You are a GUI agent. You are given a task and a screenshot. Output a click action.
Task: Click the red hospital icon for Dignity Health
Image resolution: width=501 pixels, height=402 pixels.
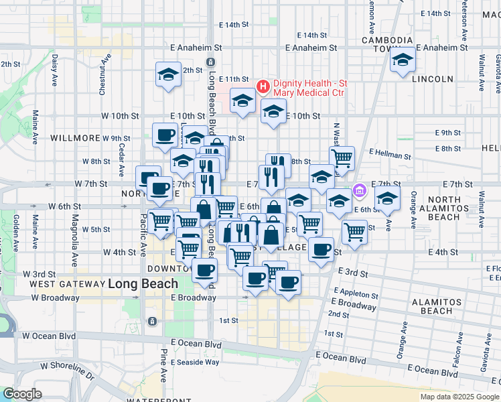pyautogui.click(x=263, y=86)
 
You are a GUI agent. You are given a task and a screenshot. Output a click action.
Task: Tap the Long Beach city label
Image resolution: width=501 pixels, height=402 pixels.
pyautogui.click(x=143, y=283)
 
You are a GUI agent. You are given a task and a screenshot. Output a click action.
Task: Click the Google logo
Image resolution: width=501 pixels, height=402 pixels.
pyautogui.click(x=22, y=394)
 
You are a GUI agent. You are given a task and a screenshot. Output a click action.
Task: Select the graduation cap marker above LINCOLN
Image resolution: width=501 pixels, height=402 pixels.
pyautogui.click(x=403, y=61)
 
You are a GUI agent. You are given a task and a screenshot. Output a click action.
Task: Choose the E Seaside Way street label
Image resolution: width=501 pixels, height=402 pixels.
pyautogui.click(x=194, y=362)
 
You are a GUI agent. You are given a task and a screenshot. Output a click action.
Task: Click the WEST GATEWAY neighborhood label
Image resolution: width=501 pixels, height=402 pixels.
pyautogui.click(x=66, y=284)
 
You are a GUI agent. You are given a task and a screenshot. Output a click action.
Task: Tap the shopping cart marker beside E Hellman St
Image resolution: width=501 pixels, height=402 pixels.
pyautogui.click(x=342, y=158)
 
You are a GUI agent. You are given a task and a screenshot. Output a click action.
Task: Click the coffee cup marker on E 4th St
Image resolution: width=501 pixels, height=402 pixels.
pyautogui.click(x=321, y=250)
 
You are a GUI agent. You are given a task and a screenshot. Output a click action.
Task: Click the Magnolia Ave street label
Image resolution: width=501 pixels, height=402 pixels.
pyautogui.click(x=76, y=230)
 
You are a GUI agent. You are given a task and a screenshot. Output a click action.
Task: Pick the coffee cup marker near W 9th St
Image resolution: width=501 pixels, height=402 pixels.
pyautogui.click(x=165, y=136)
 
